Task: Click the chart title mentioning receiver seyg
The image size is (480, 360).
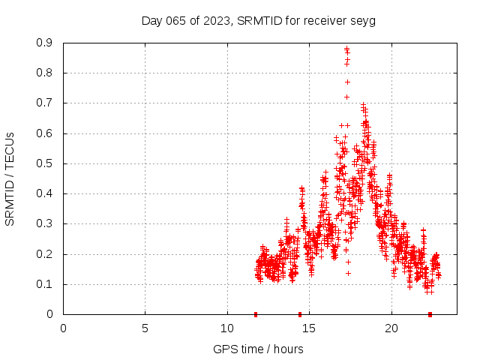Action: tap(258, 20)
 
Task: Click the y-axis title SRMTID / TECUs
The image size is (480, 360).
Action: tap(10, 178)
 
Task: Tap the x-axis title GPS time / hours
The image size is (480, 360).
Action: tap(258, 349)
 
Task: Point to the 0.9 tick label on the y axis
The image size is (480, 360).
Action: tap(44, 43)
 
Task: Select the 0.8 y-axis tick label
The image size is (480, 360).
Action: tap(44, 73)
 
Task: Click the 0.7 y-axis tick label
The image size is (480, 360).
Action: tap(44, 103)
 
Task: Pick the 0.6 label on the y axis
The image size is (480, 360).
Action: tap(44, 133)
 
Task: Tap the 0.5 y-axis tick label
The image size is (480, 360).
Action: tap(44, 163)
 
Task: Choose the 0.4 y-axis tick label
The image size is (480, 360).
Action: tap(44, 193)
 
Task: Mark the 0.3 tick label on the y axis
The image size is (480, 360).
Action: tap(44, 223)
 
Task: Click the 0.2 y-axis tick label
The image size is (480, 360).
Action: tap(44, 253)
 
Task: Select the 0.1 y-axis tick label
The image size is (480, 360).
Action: tap(44, 284)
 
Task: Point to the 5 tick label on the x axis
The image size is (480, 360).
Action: tap(145, 328)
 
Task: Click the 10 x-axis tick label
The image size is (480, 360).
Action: tap(227, 328)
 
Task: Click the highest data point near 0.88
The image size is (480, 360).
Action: tap(346, 49)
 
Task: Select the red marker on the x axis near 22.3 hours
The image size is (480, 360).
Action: tap(430, 314)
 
